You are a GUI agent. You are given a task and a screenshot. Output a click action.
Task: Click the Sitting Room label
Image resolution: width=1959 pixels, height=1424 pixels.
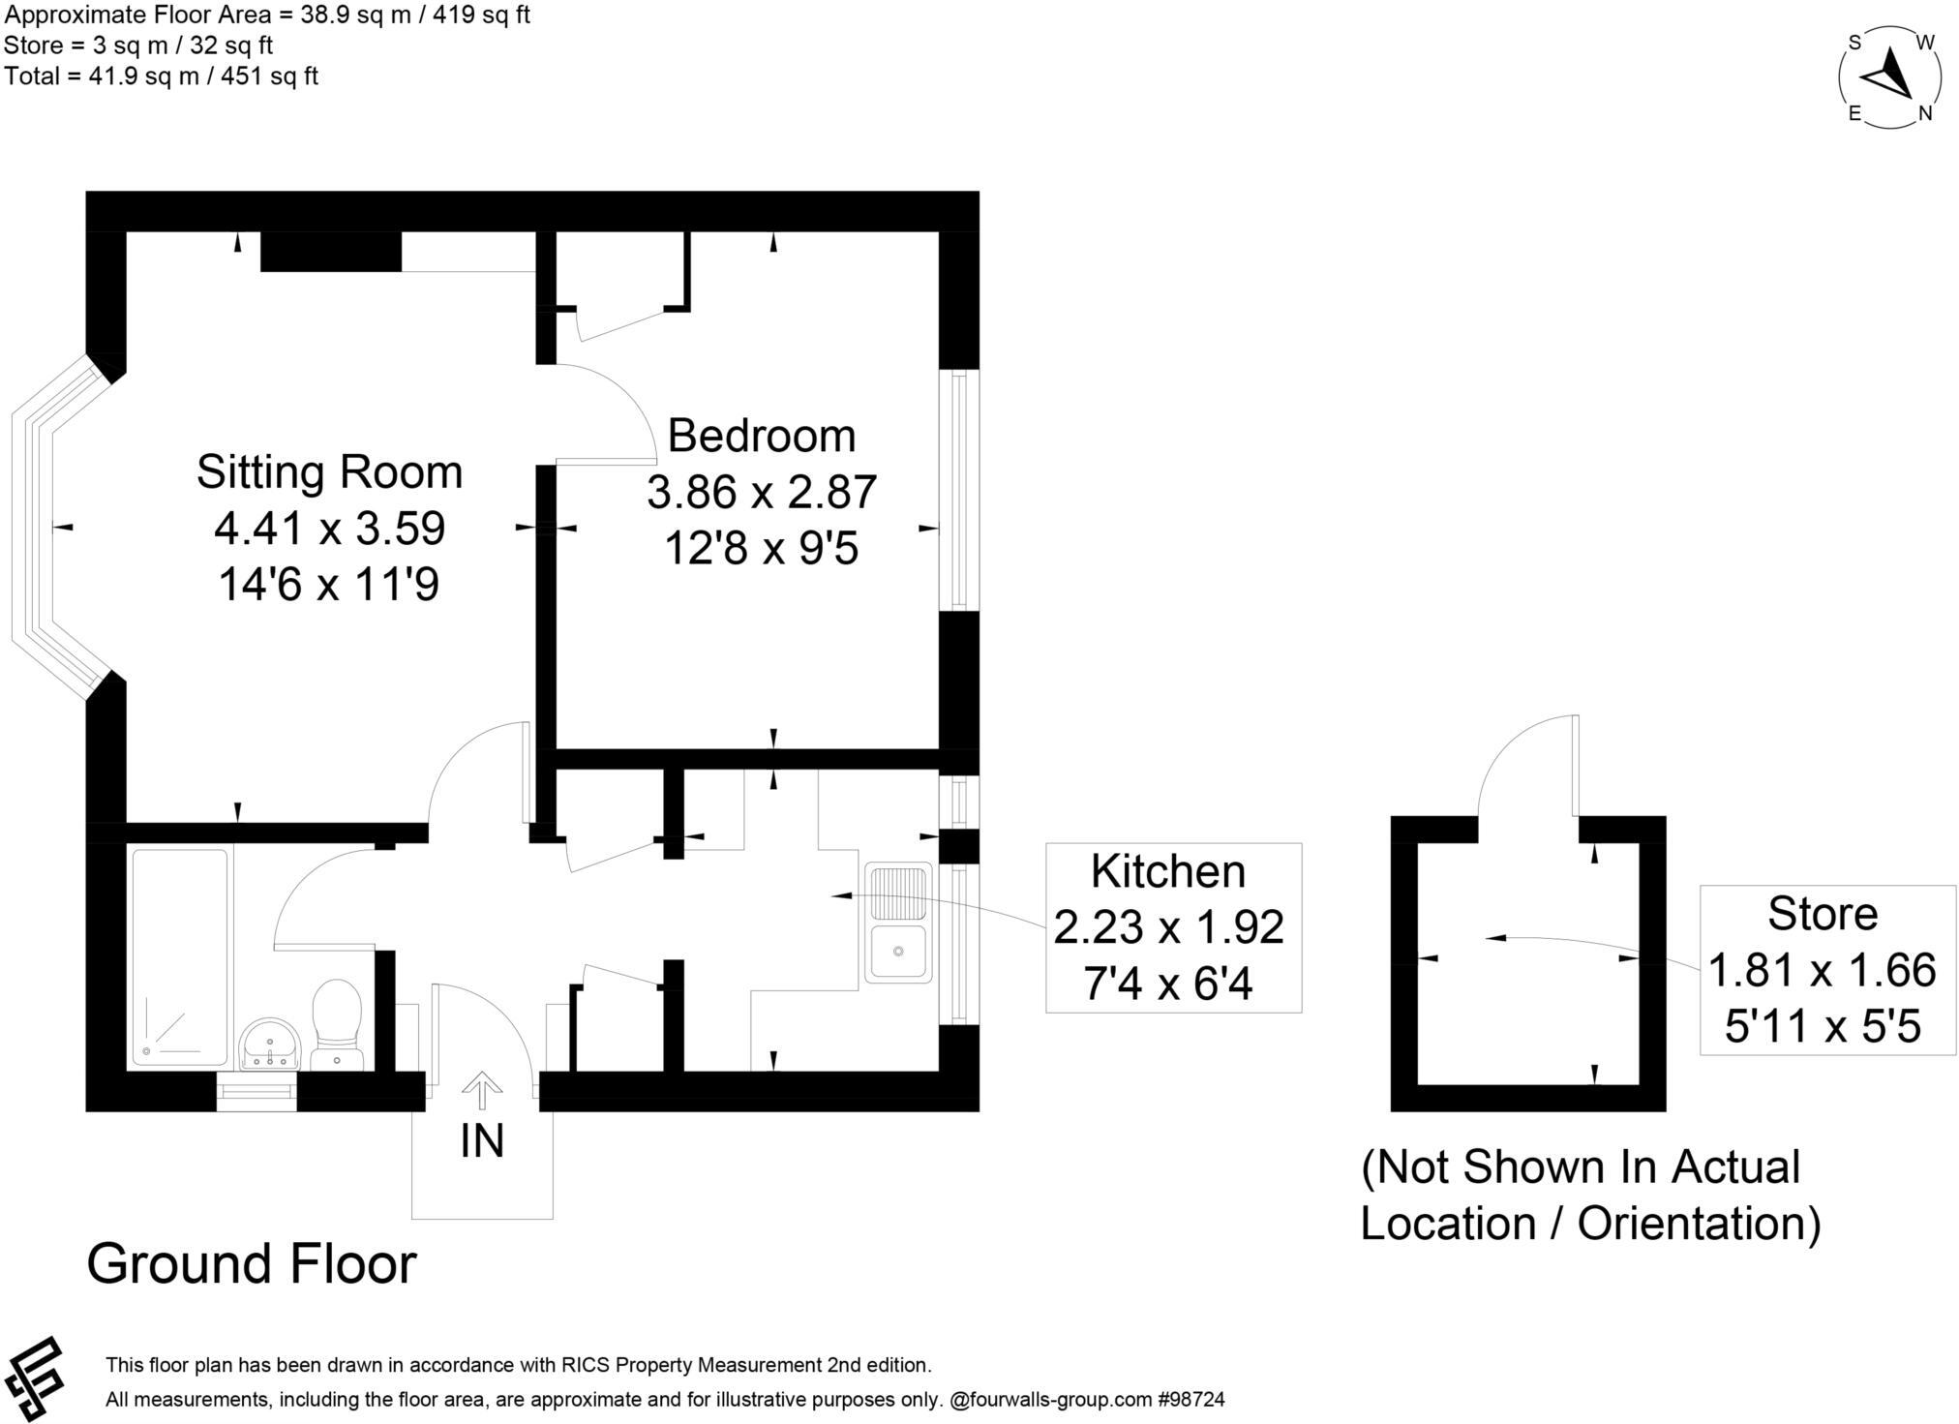pyautogui.click(x=329, y=472)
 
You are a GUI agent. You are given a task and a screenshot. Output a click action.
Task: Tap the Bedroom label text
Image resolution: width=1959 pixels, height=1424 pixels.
pyautogui.click(x=761, y=436)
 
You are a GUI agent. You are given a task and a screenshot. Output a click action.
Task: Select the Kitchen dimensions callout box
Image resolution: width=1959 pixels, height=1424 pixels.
pyautogui.click(x=1172, y=927)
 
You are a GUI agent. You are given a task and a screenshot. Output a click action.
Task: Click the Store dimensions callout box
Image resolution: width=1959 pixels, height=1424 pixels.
pyautogui.click(x=1826, y=970)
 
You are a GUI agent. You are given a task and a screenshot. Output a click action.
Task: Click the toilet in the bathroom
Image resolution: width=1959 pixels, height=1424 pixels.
pyautogui.click(x=337, y=1023)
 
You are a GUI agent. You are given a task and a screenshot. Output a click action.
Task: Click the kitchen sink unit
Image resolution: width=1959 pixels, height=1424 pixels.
pyautogui.click(x=898, y=923)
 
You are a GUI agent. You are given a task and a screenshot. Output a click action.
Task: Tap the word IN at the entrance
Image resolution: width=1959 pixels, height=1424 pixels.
pyautogui.click(x=482, y=1141)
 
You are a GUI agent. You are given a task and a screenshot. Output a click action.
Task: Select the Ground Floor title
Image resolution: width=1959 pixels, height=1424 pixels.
pyautogui.click(x=252, y=1263)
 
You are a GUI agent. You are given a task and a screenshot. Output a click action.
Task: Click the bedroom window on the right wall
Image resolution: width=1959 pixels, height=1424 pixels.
pyautogui.click(x=958, y=490)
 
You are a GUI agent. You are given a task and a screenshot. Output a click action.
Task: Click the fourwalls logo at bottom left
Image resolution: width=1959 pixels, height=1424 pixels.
pyautogui.click(x=34, y=1379)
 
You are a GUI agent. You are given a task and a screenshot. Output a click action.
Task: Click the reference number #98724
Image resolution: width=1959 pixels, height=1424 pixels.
pyautogui.click(x=1190, y=1399)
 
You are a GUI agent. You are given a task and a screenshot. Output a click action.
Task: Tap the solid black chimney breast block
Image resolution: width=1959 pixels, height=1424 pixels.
pyautogui.click(x=331, y=252)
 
